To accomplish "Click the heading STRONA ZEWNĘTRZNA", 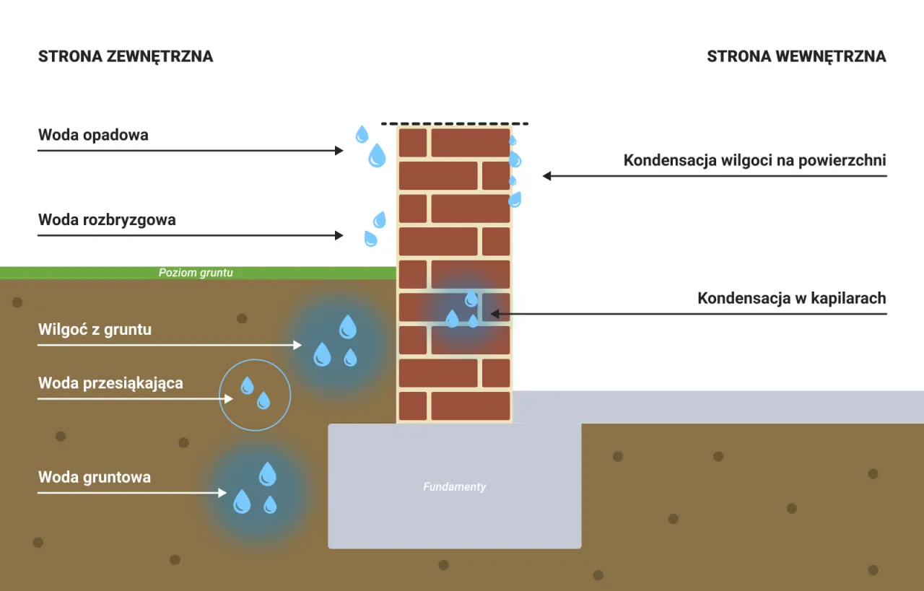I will pyautogui.click(x=126, y=56).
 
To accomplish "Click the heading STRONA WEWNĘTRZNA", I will pyautogui.click(x=796, y=56).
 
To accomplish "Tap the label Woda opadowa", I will pyautogui.click(x=93, y=135).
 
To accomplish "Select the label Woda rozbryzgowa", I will pyautogui.click(x=107, y=220).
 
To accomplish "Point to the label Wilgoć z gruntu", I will pyautogui.click(x=95, y=330).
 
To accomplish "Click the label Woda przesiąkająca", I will pyautogui.click(x=110, y=382).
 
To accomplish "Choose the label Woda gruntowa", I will pyautogui.click(x=95, y=477).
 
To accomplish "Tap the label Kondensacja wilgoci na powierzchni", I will pyautogui.click(x=754, y=160).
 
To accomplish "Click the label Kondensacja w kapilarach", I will pyautogui.click(x=791, y=298).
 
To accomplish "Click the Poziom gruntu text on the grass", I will pyautogui.click(x=196, y=273).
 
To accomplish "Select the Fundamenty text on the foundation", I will pyautogui.click(x=454, y=487).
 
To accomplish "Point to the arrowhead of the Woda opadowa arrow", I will pyautogui.click(x=339, y=151).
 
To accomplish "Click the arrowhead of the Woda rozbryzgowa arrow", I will pyautogui.click(x=339, y=235).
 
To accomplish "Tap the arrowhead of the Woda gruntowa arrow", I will pyautogui.click(x=223, y=494).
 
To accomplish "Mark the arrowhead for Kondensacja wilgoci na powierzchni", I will pyautogui.click(x=547, y=175).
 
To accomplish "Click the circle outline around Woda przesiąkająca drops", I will pyautogui.click(x=255, y=360).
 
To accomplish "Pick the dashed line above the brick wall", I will pyautogui.click(x=455, y=124).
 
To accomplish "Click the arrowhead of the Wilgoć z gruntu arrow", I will pyautogui.click(x=297, y=346).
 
